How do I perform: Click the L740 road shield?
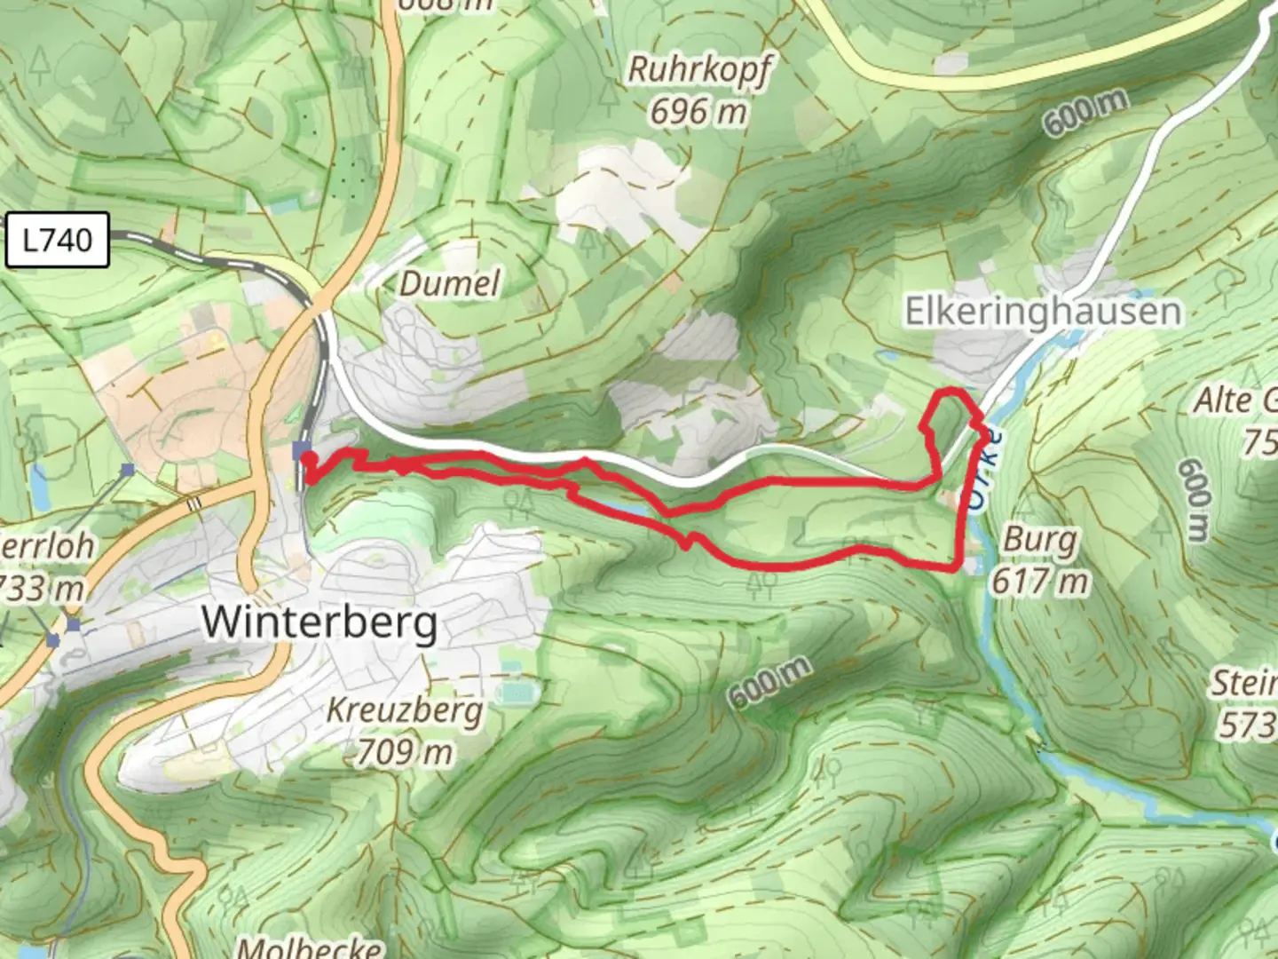pyautogui.click(x=58, y=240)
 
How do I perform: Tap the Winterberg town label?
pyautogui.click(x=319, y=622)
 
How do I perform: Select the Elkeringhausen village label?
pyautogui.click(x=1043, y=312)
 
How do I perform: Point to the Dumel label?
pyautogui.click(x=450, y=284)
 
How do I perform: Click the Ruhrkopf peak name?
pyautogui.click(x=699, y=70)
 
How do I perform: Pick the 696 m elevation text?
pyautogui.click(x=698, y=112)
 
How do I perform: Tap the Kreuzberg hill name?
pyautogui.click(x=406, y=710)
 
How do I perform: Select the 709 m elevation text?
pyautogui.click(x=405, y=752)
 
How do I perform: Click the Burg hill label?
pyautogui.click(x=1040, y=539)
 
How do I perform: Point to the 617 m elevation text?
pyautogui.click(x=1039, y=582)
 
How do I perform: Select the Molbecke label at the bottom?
pyautogui.click(x=310, y=947)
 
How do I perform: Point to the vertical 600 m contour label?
pyautogui.click(x=1195, y=500)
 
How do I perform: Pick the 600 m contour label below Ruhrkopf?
pyautogui.click(x=1085, y=114)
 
